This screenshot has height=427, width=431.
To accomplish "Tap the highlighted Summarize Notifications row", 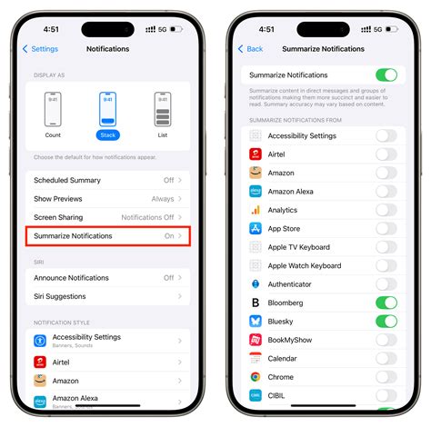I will coord(107,235).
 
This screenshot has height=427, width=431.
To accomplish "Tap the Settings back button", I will coord(40,49).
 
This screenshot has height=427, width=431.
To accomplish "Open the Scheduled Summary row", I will coord(107,180).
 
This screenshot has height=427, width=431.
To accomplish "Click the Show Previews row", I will coord(107,198).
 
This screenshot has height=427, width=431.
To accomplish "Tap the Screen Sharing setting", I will coord(107,217).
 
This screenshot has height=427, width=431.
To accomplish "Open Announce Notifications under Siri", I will coord(107,277).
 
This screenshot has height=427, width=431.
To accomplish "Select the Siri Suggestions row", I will coord(107,296).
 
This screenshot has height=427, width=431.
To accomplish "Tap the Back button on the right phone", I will coord(251,49).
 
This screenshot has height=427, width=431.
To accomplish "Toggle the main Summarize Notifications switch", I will coord(386,74).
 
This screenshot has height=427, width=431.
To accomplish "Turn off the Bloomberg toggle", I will coord(386,303).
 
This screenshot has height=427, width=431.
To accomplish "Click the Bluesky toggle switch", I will coord(386,321).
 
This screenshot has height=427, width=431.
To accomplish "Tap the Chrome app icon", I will coord(256,376).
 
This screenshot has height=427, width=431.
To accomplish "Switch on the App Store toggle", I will coord(386,228).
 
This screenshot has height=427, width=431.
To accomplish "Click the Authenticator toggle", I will coord(386,283).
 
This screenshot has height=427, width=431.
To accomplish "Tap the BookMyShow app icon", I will coord(256,339).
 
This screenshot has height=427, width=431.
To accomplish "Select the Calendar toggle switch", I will coord(386,358).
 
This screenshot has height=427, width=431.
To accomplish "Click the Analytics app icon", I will coord(256,210).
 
